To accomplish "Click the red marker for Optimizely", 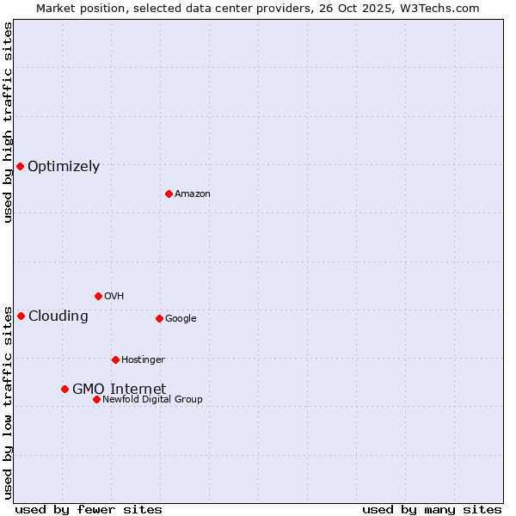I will tap(20, 166).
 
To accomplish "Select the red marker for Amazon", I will tap(169, 193).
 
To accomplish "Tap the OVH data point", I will tap(98, 296).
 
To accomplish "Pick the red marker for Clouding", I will tap(21, 316).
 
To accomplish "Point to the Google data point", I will tap(159, 318).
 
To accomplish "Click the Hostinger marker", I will tap(115, 359).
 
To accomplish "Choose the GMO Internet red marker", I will tap(64, 389).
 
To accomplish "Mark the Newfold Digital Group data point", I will tap(96, 399).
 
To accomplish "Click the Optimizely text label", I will tap(64, 167).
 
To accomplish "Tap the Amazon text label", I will tap(192, 194).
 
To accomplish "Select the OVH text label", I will tap(114, 297).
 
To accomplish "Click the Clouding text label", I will tap(58, 316).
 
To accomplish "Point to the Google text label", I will tap(181, 319).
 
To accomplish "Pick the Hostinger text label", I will tap(143, 360).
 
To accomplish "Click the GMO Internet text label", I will tap(119, 390).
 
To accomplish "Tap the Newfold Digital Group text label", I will tap(152, 400).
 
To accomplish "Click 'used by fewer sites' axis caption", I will tap(89, 509).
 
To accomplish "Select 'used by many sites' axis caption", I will tap(432, 509).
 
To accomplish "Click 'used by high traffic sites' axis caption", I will tap(8, 122).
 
